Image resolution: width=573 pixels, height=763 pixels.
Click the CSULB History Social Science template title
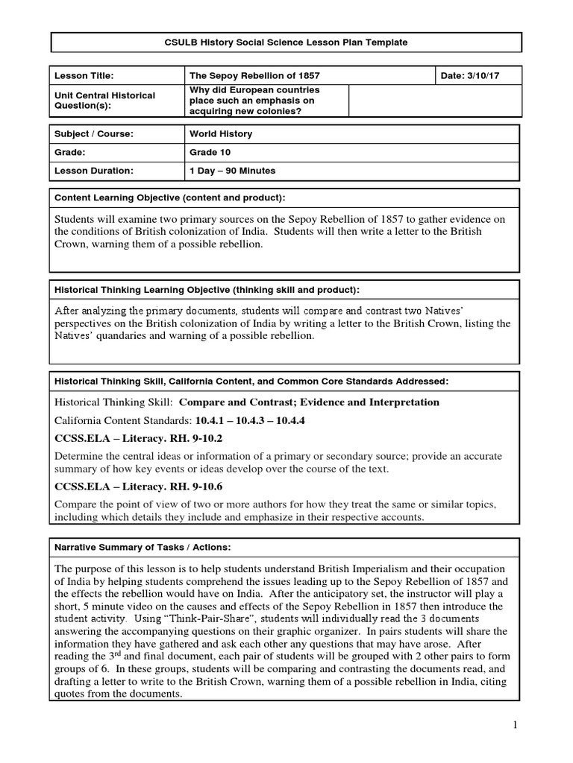click(x=286, y=42)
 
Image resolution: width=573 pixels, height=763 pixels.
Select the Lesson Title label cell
click(x=82, y=75)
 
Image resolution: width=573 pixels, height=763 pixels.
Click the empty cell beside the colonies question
click(x=435, y=101)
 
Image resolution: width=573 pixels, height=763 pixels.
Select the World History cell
click(x=221, y=134)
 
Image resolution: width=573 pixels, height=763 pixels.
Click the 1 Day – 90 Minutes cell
click(x=232, y=171)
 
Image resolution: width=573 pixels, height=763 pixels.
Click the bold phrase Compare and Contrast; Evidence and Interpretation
click(x=309, y=402)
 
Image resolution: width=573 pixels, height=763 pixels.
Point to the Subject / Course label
click(x=93, y=134)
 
